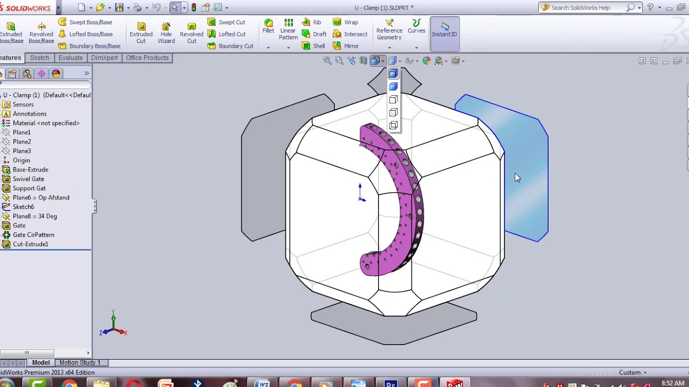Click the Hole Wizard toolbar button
pyautogui.click(x=166, y=33)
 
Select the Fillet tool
pyautogui.click(x=268, y=26)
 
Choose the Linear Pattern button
pyautogui.click(x=288, y=30)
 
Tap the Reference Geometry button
pyautogui.click(x=389, y=30)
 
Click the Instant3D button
pyautogui.click(x=444, y=30)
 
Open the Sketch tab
pyautogui.click(x=39, y=58)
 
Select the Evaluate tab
pyautogui.click(x=71, y=58)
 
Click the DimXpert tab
pyautogui.click(x=104, y=58)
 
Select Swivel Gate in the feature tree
pyautogui.click(x=28, y=179)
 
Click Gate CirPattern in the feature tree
pyautogui.click(x=33, y=235)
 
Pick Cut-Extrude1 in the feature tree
pyautogui.click(x=30, y=244)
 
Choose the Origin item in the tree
pyautogui.click(x=21, y=160)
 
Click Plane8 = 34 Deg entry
pyautogui.click(x=34, y=216)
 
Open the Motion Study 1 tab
pyautogui.click(x=80, y=363)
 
